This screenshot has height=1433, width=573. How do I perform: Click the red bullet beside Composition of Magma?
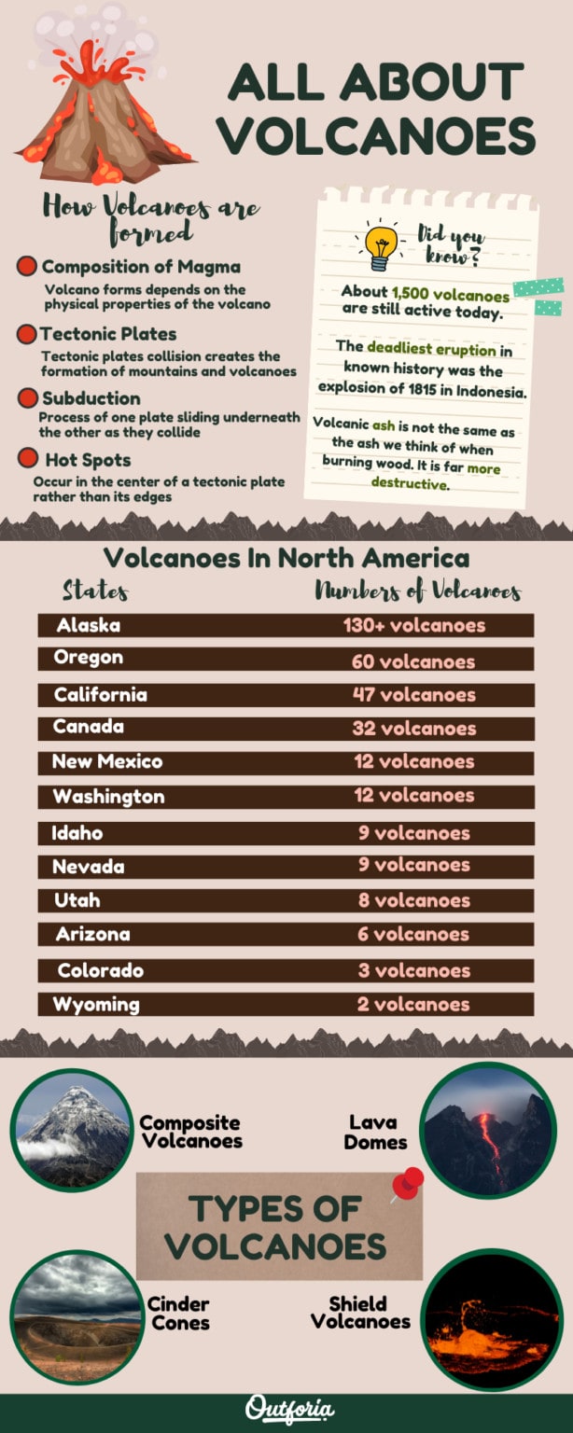[28, 267]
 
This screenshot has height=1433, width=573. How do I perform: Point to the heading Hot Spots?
[88, 460]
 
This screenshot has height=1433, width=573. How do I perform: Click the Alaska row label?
[89, 625]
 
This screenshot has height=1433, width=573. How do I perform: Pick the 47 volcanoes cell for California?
[413, 695]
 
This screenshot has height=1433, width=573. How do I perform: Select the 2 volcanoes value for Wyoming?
[413, 1005]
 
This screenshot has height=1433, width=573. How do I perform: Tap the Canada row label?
[89, 727]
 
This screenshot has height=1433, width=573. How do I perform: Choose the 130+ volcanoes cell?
[414, 625]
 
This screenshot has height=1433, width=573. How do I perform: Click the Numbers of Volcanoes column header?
[417, 591]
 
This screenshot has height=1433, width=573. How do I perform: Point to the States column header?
[95, 591]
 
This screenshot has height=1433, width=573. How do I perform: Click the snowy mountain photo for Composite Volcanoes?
[74, 1131]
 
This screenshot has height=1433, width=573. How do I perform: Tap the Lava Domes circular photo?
[488, 1130]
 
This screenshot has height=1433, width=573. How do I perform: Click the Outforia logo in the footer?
[289, 1409]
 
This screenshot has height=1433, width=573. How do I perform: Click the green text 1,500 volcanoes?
[451, 295]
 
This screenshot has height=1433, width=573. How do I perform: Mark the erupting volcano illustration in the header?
[103, 103]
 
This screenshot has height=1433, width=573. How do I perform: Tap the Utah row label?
[77, 900]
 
